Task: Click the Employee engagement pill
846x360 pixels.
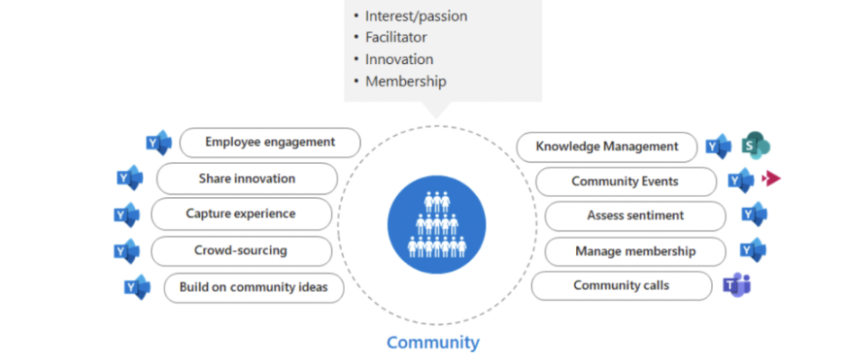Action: pos(270,142)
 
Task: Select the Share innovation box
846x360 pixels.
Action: pos(247,179)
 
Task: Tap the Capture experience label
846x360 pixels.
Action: pos(241,213)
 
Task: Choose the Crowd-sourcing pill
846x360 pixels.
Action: pos(241,251)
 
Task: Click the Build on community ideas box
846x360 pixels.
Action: pos(254,287)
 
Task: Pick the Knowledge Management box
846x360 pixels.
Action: pos(607,147)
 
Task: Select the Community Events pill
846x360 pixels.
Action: pos(625,181)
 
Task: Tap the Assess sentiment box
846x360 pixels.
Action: pos(635,216)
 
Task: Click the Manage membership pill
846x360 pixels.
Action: pos(635,251)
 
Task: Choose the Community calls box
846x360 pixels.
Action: pos(622,285)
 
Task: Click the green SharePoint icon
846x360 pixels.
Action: pos(756,147)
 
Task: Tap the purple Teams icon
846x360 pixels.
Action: pos(737,285)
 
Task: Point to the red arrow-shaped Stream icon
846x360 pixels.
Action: pos(771,179)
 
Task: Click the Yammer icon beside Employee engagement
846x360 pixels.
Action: pos(159,143)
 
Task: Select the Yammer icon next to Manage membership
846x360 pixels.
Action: pos(753,250)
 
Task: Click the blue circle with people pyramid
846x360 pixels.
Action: pos(436,224)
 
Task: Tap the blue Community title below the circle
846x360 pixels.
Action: pos(433,342)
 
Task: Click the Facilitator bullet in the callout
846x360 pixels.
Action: pos(390,37)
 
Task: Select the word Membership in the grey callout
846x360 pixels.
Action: pos(406,82)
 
